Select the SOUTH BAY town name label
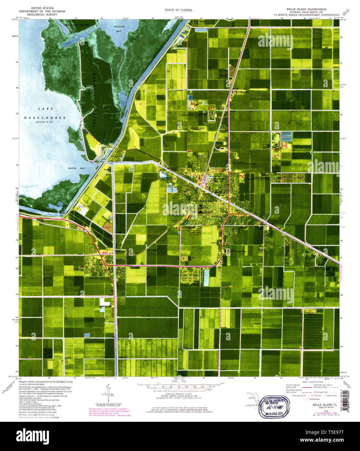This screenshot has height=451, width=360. coord(95,278)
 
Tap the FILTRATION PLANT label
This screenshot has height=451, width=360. coord(84,208)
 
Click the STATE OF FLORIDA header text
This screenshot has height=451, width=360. coord(178,10)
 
